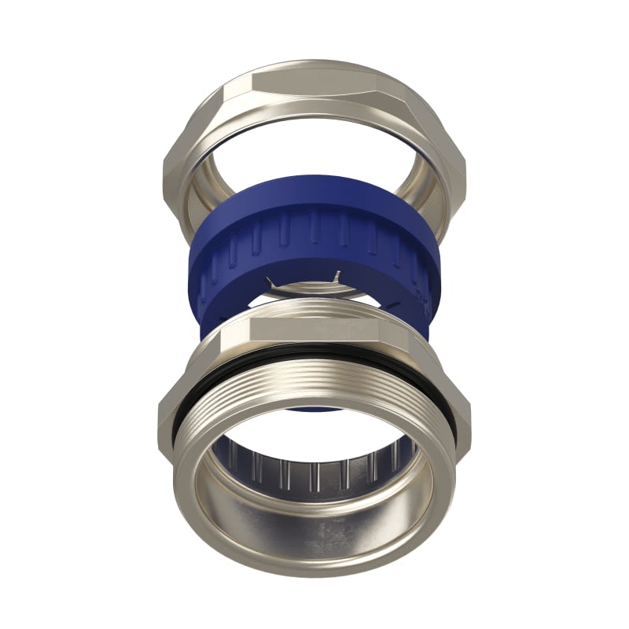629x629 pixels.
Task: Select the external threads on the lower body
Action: (x=314, y=397)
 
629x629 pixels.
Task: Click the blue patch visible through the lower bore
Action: (x=314, y=411)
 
